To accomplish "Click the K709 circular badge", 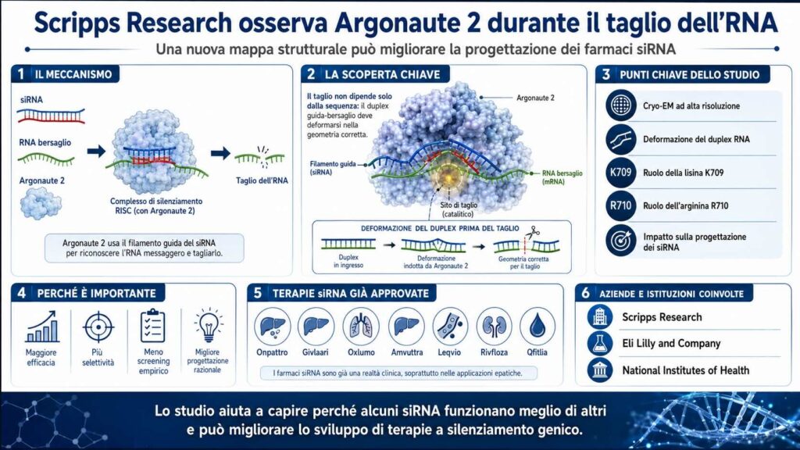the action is pos(621,173).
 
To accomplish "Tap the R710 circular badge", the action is pos(621,205).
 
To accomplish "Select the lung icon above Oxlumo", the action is pos(361,326).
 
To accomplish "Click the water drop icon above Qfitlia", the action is pos(537,326).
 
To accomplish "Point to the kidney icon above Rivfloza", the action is pos(494,326).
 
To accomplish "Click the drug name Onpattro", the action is pos(272,352).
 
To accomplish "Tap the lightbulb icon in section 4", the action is pos(208,324).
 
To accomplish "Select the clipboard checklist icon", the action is pos(152,326).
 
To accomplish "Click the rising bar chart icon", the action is pos(42,327).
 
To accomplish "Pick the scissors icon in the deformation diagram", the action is pos(533,233).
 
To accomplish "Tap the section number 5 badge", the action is pos(258,293).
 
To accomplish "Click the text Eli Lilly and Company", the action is pos(671,344).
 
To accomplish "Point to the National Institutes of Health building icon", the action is pos(600,370).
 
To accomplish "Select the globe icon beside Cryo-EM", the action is pos(621,105).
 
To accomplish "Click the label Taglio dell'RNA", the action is pos(262,180).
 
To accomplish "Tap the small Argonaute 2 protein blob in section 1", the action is pos(41,203).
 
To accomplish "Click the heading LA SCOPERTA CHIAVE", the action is pos(382,74).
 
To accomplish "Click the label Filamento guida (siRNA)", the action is pos(333,169).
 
